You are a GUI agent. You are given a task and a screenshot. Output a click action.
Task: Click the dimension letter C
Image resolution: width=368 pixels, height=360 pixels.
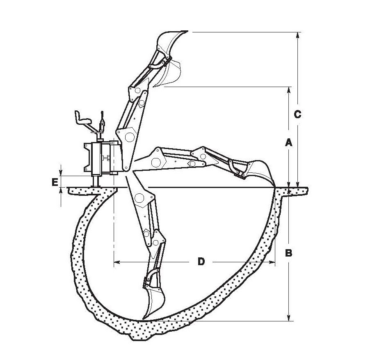[x=297, y=115]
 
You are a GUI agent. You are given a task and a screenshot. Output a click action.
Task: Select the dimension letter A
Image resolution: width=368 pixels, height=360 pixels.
[x=289, y=142]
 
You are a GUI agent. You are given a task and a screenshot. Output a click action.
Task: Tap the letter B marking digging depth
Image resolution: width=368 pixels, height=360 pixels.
[x=289, y=253]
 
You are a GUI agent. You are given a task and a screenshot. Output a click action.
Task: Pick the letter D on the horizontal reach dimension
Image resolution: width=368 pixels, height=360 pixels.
[x=201, y=261]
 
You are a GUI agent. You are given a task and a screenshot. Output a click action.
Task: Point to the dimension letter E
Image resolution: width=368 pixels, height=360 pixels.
[x=55, y=182]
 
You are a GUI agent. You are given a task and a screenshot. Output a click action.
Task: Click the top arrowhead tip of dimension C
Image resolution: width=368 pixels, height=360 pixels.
[x=297, y=32]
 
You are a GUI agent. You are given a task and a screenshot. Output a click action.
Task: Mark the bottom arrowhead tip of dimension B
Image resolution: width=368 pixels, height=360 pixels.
[x=289, y=321]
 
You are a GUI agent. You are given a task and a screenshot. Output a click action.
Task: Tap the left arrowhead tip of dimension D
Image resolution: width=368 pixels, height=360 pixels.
[x=114, y=261]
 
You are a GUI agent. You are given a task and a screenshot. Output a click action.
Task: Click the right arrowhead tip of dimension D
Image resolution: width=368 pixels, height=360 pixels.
[x=274, y=261]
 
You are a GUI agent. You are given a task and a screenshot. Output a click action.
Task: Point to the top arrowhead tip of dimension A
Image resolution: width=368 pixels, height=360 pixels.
[x=289, y=87]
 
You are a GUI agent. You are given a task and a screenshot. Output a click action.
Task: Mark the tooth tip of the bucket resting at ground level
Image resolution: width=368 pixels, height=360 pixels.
[x=275, y=187]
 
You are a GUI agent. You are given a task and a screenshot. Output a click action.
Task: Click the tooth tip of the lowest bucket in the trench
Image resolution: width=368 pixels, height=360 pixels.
[x=142, y=320]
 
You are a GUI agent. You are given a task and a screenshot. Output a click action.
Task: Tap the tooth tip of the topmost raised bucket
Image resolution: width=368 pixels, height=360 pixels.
[x=187, y=31]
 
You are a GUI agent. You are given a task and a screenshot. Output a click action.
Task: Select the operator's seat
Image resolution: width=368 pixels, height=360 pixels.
[x=82, y=117]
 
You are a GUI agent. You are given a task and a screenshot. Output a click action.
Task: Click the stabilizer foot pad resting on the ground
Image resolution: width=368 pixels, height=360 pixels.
[x=96, y=187]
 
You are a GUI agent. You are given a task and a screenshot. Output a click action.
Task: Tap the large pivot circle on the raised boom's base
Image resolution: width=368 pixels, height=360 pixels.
[x=130, y=137]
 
